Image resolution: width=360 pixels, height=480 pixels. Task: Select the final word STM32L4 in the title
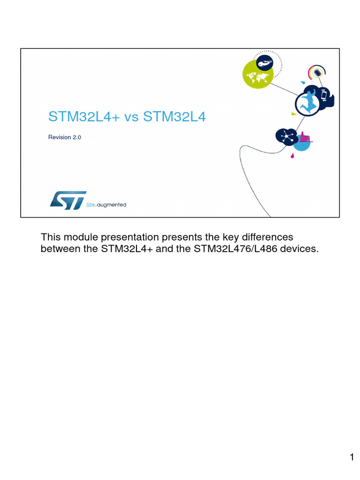174,117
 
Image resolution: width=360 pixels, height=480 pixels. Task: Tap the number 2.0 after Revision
77,137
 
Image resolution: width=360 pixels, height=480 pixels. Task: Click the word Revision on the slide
59,137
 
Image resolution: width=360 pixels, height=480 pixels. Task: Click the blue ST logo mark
68,200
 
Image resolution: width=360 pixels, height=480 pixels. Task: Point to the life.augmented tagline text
106,205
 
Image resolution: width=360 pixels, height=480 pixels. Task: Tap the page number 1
352,457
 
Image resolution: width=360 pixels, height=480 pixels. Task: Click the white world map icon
258,75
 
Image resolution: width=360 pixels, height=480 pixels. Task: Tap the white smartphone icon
323,96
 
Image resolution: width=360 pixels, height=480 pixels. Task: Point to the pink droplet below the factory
293,155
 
